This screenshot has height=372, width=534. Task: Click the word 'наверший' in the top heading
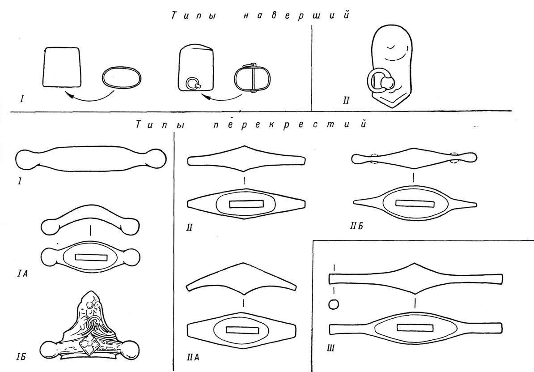296,16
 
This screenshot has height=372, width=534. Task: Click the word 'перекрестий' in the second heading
290,125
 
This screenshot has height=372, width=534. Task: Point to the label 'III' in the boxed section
331,348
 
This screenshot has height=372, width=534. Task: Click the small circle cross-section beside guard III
334,304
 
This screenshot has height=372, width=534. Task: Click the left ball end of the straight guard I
25,159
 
